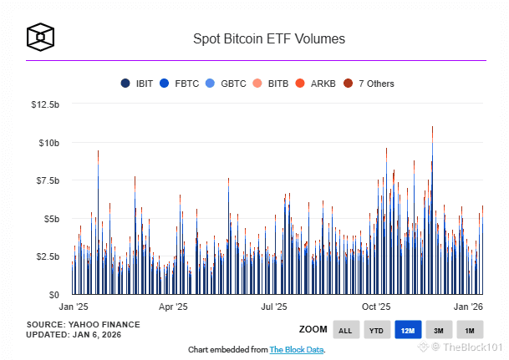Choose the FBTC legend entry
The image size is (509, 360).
tap(181, 84)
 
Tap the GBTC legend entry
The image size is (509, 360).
tap(228, 84)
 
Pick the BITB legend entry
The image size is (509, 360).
tap(272, 84)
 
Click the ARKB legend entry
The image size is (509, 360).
tap(317, 84)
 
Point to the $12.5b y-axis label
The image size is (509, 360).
tap(45, 104)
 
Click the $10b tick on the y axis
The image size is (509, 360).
tap(48, 143)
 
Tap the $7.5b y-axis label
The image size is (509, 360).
tap(46, 180)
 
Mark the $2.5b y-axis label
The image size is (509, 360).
tap(46, 256)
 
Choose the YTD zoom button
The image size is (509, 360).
tap(377, 331)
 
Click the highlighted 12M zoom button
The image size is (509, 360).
tap(408, 331)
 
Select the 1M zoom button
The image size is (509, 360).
tap(469, 331)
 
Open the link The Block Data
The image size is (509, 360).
tap(297, 349)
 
